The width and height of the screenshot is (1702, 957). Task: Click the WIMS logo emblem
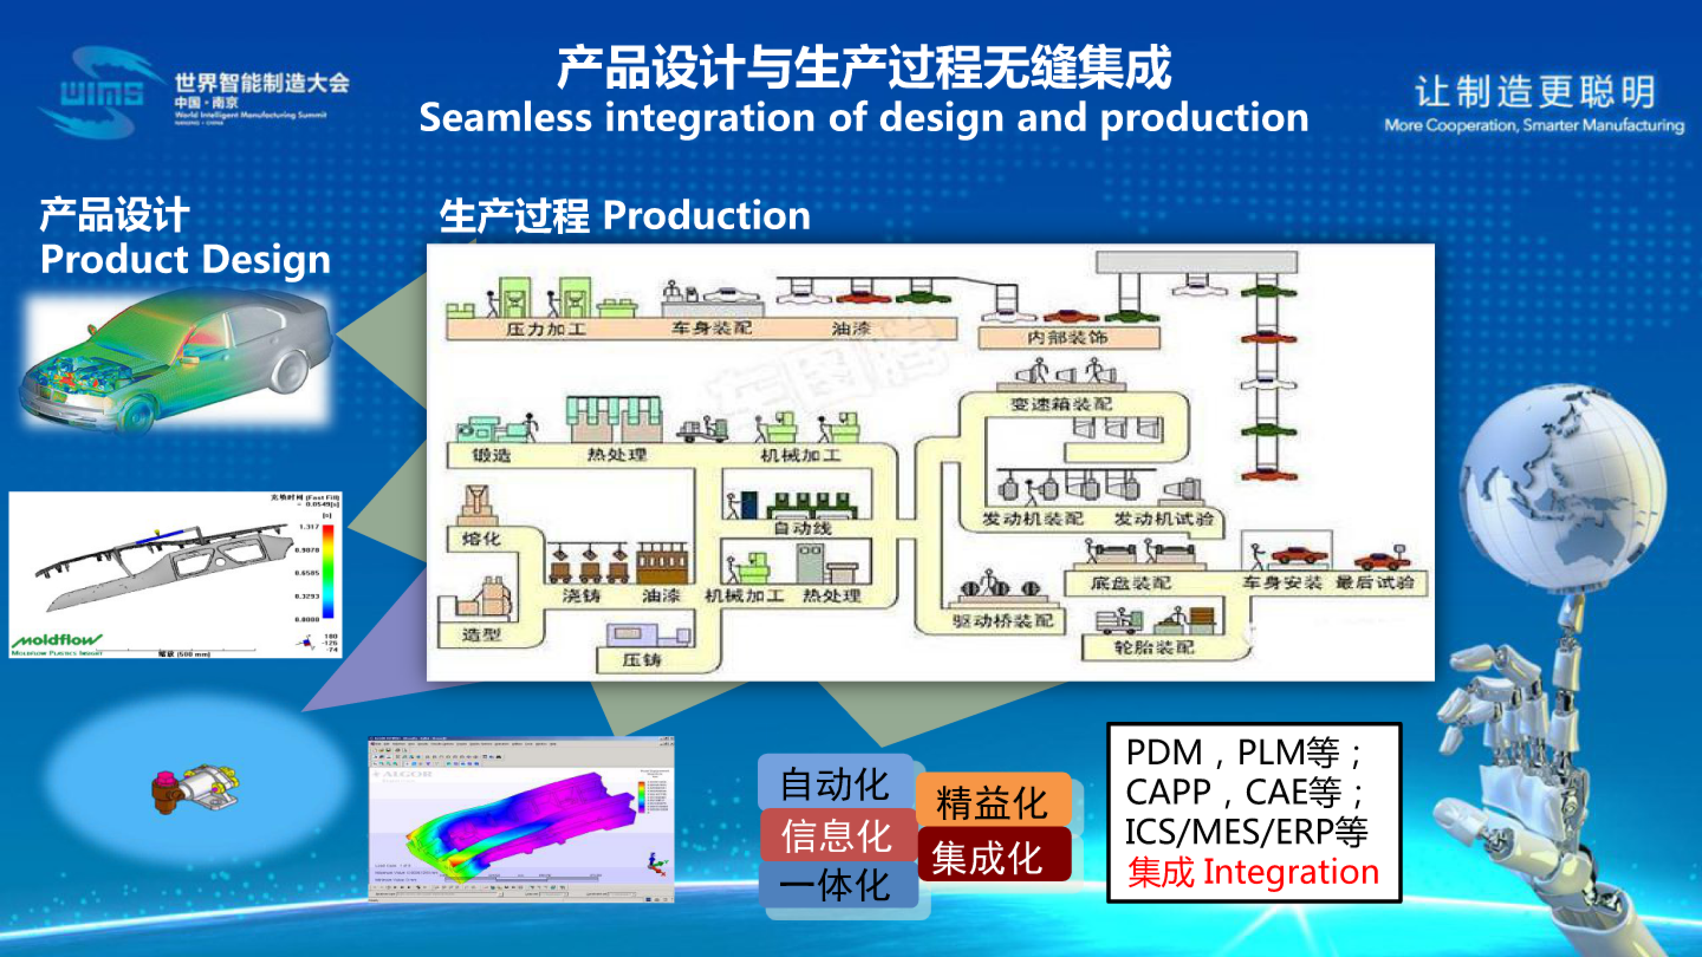coord(99,92)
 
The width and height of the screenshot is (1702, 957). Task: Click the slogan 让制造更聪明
coord(1534,92)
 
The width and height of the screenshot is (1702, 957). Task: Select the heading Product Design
coord(185,259)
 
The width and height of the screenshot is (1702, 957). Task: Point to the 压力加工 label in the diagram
coord(546,328)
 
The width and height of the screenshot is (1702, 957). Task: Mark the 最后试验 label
coord(1374,583)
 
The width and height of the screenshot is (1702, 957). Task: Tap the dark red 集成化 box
coord(988,857)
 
